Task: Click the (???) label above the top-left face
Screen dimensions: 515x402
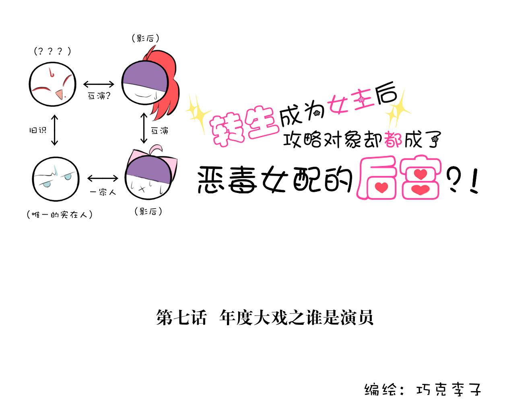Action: (x=53, y=51)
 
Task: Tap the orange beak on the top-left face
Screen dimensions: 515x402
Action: (x=60, y=94)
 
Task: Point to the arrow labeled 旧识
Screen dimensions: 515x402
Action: (x=55, y=130)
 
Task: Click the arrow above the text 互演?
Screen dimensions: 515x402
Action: (x=99, y=84)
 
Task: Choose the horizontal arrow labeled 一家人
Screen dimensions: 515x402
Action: (x=103, y=178)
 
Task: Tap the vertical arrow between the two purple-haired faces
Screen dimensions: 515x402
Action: (x=144, y=128)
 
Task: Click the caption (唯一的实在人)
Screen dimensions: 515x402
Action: (x=60, y=215)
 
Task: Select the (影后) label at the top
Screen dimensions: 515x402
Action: (x=145, y=39)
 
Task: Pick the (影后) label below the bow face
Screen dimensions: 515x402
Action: (x=148, y=211)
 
